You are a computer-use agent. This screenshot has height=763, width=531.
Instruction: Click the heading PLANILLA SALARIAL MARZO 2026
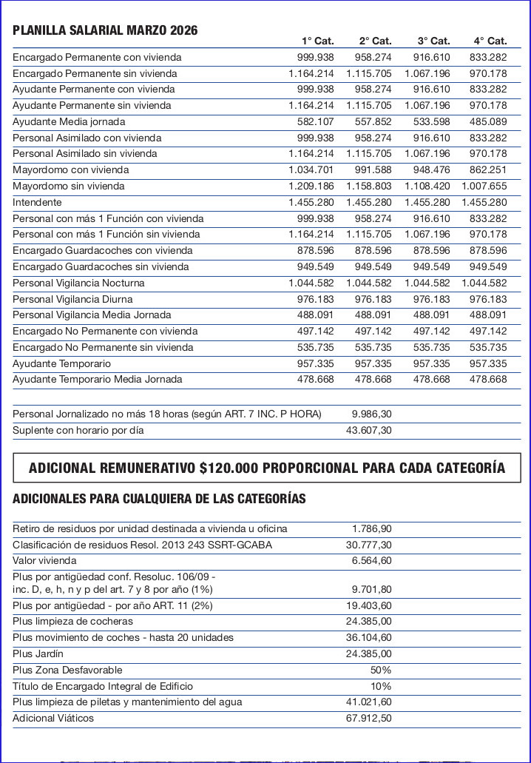(105, 30)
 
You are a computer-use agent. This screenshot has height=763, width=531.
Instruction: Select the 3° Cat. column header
(433, 41)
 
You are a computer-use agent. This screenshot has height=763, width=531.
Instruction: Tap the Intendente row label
(37, 202)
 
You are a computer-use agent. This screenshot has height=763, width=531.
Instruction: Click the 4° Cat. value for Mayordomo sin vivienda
(484, 186)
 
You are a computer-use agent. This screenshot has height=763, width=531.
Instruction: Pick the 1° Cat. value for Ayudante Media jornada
(316, 121)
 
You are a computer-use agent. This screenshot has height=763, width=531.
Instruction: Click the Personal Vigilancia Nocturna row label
(78, 283)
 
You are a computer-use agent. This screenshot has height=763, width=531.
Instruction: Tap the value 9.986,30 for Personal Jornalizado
(371, 414)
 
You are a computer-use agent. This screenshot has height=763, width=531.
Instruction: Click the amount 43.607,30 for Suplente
(369, 430)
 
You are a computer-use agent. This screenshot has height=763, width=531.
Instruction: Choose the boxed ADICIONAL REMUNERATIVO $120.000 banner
(266, 468)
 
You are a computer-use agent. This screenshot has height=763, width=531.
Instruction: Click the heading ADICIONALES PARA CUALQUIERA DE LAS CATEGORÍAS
(159, 498)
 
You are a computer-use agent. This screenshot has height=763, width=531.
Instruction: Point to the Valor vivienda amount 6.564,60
(372, 560)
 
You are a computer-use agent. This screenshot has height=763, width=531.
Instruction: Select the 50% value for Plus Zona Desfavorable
(381, 670)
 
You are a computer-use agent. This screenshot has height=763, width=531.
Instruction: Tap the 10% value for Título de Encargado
(381, 686)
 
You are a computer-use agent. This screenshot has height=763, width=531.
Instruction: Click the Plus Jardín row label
(38, 653)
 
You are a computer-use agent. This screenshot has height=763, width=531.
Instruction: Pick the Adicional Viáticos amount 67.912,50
(369, 718)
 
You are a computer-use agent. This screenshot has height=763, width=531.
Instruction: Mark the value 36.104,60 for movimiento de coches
(369, 637)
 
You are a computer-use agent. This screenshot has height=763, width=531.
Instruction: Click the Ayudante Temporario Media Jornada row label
(97, 379)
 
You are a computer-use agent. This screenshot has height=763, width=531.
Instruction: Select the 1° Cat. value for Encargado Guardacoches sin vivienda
(316, 266)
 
